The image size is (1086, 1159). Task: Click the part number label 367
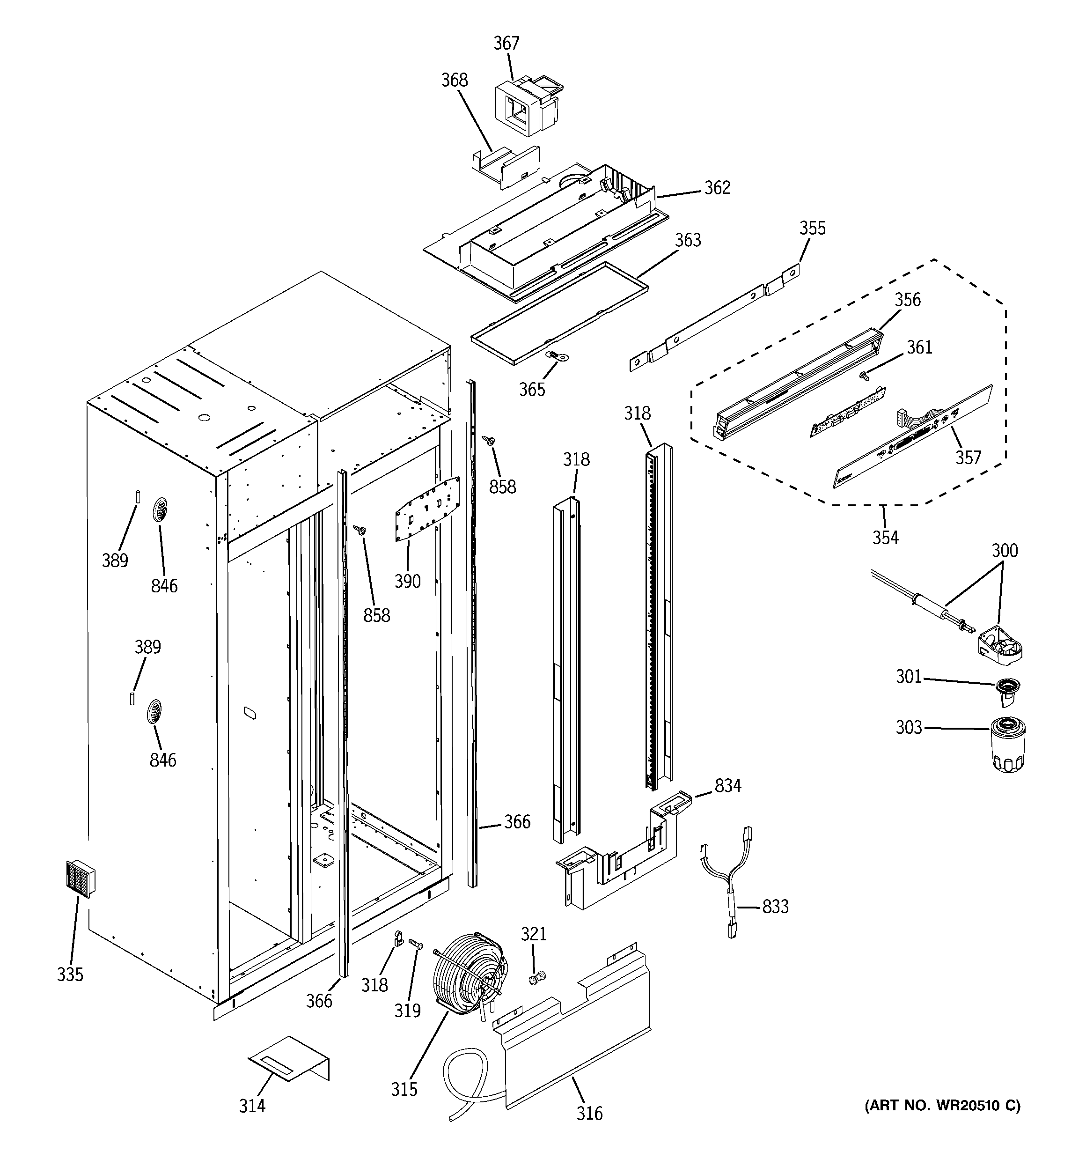(506, 43)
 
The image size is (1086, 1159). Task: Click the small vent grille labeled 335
(81, 878)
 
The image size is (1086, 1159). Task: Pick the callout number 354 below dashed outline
(885, 537)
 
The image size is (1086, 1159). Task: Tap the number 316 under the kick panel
(589, 1113)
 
